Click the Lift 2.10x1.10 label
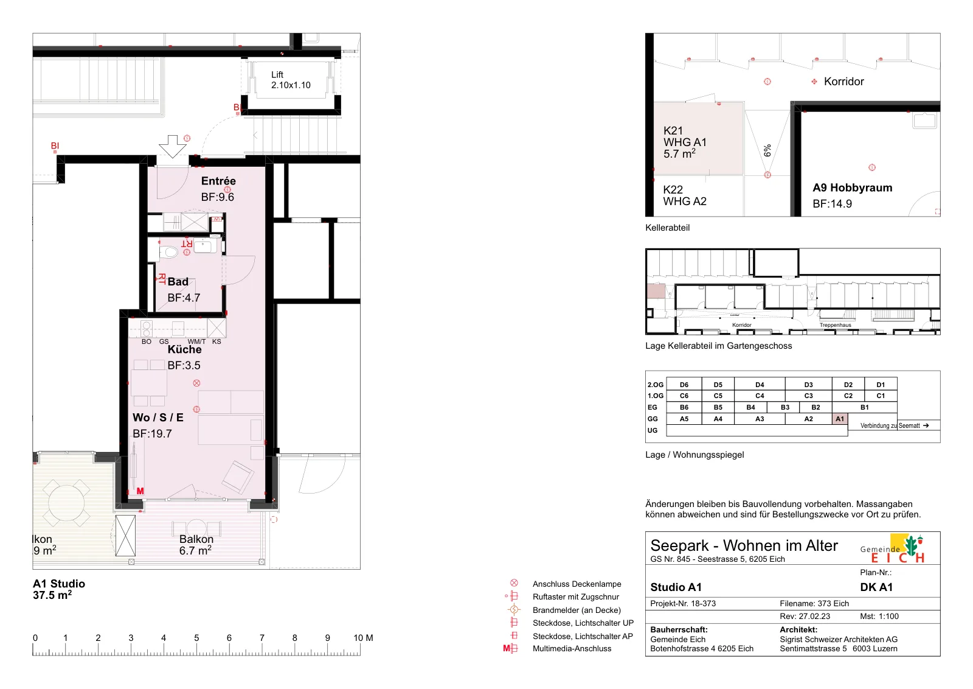pyautogui.click(x=291, y=80)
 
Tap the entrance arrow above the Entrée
pyautogui.click(x=173, y=147)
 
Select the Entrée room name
pyautogui.click(x=218, y=181)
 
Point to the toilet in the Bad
pyautogui.click(x=169, y=252)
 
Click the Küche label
pyautogui.click(x=185, y=349)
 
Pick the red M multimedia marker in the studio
pyautogui.click(x=140, y=491)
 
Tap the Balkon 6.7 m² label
pyautogui.click(x=196, y=545)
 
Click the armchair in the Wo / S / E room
pyautogui.click(x=238, y=477)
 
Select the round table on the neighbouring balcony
pyautogui.click(x=66, y=503)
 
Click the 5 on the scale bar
pyautogui.click(x=196, y=638)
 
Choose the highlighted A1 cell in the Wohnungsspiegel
pyautogui.click(x=840, y=419)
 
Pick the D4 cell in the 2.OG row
pyautogui.click(x=760, y=384)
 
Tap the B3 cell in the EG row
pyautogui.click(x=785, y=407)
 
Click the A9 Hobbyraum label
pyautogui.click(x=852, y=188)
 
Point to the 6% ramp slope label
pyautogui.click(x=767, y=150)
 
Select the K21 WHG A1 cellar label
pyautogui.click(x=685, y=136)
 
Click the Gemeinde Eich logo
pyautogui.click(x=893, y=549)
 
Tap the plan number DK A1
pyautogui.click(x=876, y=587)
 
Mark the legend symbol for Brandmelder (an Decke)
pyautogui.click(x=514, y=609)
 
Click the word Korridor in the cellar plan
pyautogui.click(x=843, y=82)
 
